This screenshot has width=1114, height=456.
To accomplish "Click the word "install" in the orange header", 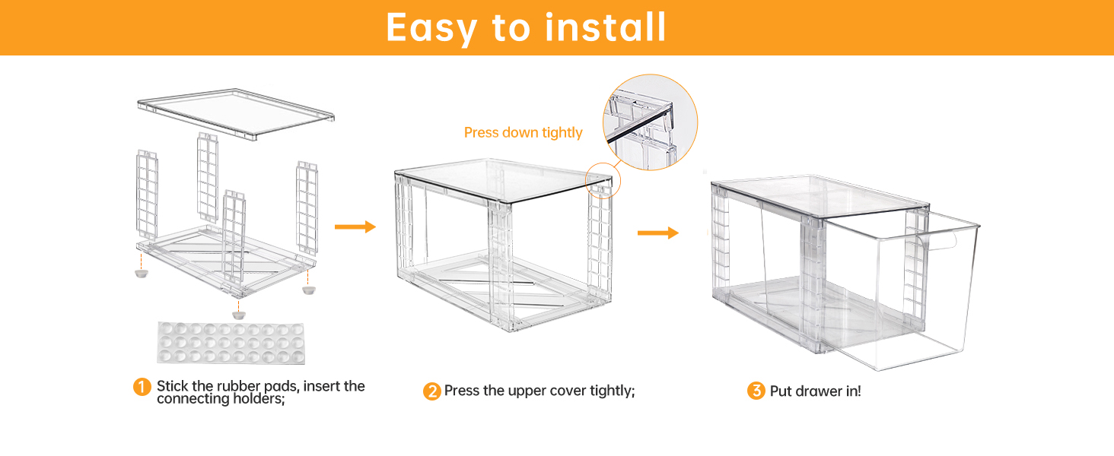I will pyautogui.click(x=606, y=27).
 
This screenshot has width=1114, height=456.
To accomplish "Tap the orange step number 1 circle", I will pyautogui.click(x=142, y=387).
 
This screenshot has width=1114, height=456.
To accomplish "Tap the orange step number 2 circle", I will pyautogui.click(x=431, y=392).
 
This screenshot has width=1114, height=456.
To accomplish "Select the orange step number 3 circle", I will pyautogui.click(x=756, y=391).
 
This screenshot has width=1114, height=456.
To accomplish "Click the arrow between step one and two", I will pyautogui.click(x=355, y=226).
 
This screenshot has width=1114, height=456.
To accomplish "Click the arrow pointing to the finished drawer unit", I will pyautogui.click(x=657, y=233).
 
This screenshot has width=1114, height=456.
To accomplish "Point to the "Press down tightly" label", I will pyautogui.click(x=523, y=133).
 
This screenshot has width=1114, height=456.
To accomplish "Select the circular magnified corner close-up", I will pyautogui.click(x=651, y=122).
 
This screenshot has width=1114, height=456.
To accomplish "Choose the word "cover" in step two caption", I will pyautogui.click(x=561, y=391).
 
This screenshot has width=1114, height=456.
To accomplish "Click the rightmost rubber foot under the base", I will pyautogui.click(x=308, y=290).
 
